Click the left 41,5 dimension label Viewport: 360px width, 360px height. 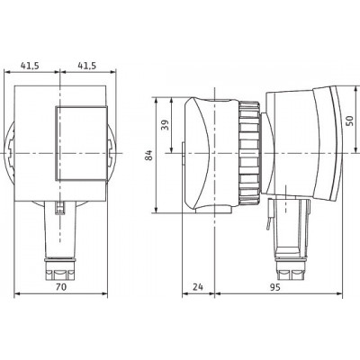pos(30,66)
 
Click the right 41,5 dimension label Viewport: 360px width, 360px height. pos(87,66)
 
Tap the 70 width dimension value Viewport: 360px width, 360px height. pos(61,287)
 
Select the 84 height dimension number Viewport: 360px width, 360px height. pos(149,155)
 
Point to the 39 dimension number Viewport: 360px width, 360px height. pos(165,125)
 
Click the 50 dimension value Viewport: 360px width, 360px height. pos(350,121)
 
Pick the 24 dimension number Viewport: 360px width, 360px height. pos(198,287)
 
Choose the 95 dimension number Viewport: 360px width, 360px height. pos(274,287)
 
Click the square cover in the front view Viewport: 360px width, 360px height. pos(81,143)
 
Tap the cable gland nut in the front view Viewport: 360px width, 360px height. pos(60,268)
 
